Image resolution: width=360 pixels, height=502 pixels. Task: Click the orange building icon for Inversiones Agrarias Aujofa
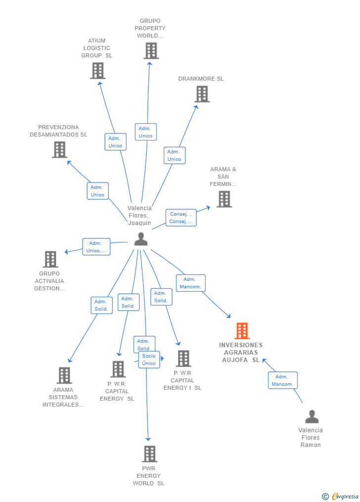coord(242,331)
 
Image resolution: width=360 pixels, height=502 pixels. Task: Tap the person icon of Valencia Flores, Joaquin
coord(141,239)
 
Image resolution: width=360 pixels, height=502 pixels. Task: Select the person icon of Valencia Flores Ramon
coord(312,417)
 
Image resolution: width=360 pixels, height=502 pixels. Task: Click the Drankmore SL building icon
coord(202,94)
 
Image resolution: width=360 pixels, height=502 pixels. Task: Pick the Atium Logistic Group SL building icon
coord(98,71)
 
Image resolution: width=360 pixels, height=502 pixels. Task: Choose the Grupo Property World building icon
coord(151,50)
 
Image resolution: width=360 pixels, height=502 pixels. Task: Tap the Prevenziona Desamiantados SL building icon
coord(59,149)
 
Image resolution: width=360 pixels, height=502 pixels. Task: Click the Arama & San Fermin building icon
coord(224,199)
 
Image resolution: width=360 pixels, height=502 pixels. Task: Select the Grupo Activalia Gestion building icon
coord(50,259)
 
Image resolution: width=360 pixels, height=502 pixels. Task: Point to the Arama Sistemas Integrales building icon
coord(64,375)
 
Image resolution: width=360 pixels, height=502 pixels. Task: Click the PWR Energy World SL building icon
coord(149,454)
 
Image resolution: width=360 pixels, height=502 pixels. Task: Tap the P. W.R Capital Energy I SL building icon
coord(183,359)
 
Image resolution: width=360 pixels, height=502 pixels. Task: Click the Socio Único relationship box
coord(149,360)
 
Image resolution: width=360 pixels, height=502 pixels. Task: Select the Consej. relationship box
coord(181,218)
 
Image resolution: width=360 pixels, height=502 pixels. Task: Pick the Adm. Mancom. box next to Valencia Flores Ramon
coord(283,380)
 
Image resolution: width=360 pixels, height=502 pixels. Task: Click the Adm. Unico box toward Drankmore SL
coord(175,155)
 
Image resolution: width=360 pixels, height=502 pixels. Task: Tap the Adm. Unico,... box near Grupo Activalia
coord(96,247)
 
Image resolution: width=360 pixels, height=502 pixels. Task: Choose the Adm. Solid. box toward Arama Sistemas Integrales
coord(101,305)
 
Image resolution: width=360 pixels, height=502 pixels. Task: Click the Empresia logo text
coord(345,496)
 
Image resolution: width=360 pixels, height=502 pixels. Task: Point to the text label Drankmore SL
coord(201,79)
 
